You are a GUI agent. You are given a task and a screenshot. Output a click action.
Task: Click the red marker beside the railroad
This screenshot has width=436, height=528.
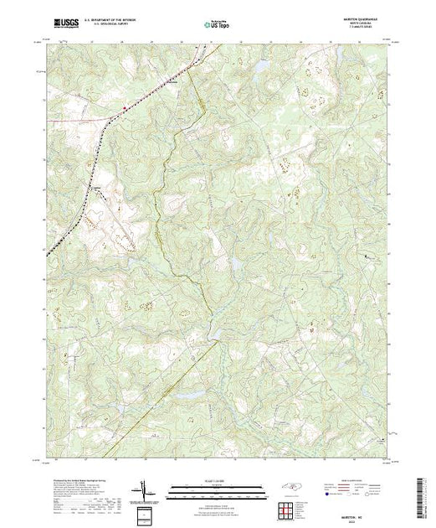[x=126, y=107]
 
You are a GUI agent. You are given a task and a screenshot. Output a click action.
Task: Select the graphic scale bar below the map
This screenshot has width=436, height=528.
[x=218, y=485]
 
